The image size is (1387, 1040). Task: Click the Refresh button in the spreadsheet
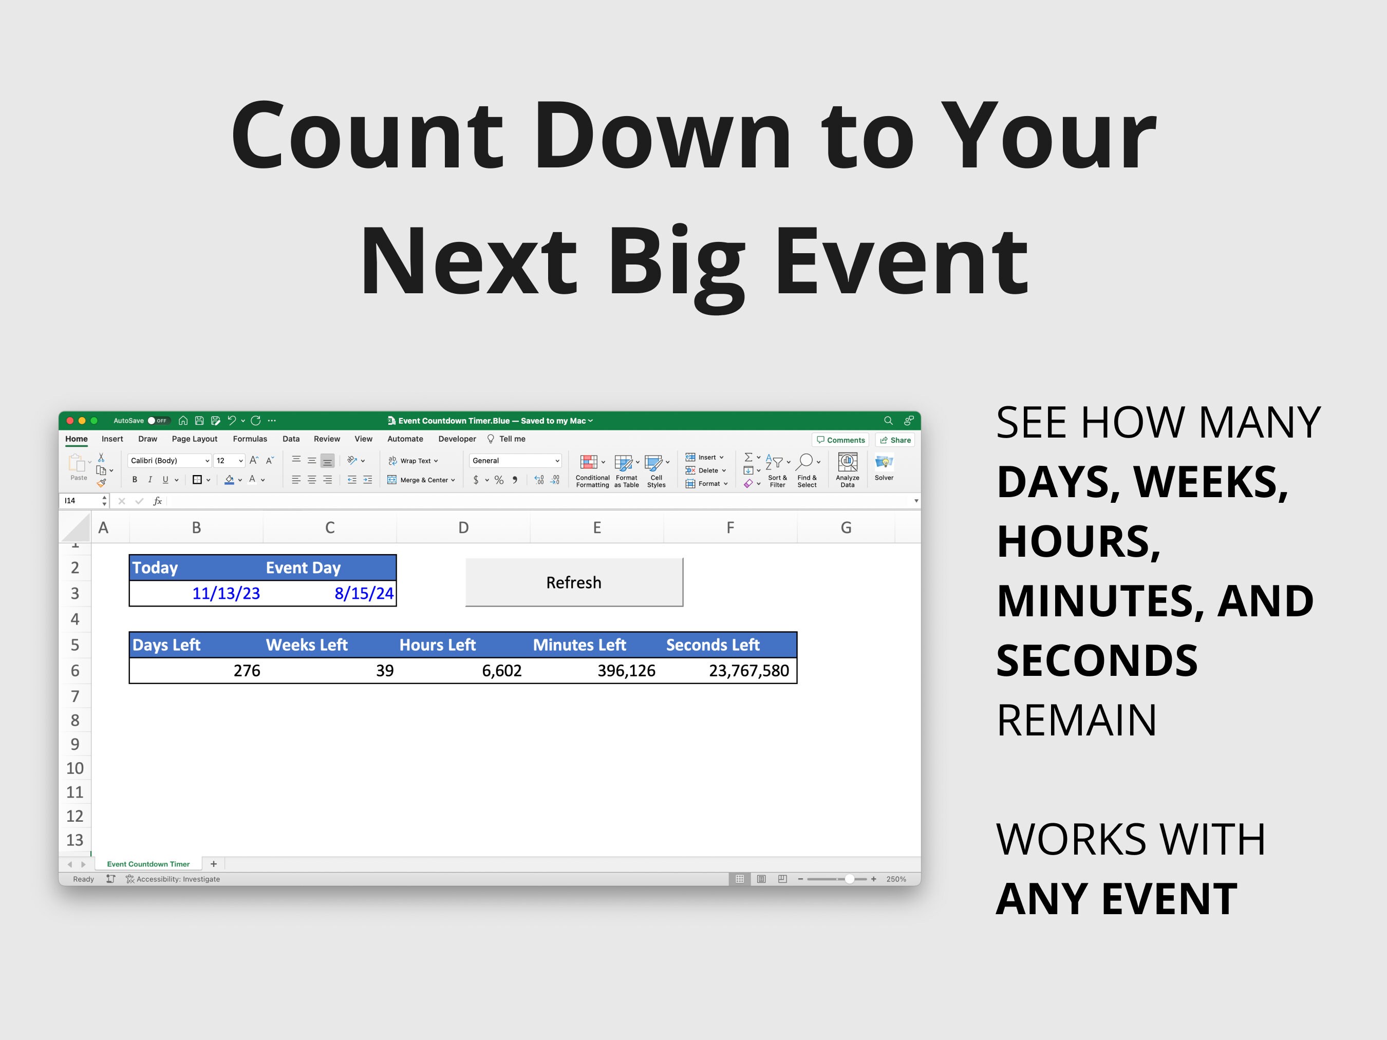[574, 582]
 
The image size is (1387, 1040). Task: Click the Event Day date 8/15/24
[364, 594]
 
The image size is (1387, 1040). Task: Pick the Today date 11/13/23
[226, 594]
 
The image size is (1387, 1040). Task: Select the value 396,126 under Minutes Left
[626, 671]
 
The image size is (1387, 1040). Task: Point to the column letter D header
[463, 528]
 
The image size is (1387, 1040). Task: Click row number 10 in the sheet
[74, 768]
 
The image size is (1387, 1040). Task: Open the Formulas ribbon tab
[250, 439]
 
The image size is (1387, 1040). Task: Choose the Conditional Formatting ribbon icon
[591, 470]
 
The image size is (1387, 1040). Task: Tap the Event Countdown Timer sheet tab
[148, 864]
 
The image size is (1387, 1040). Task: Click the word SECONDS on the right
[1097, 661]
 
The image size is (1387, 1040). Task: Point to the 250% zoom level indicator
[895, 879]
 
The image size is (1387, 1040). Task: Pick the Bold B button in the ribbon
[134, 480]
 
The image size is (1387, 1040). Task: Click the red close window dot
[70, 421]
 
